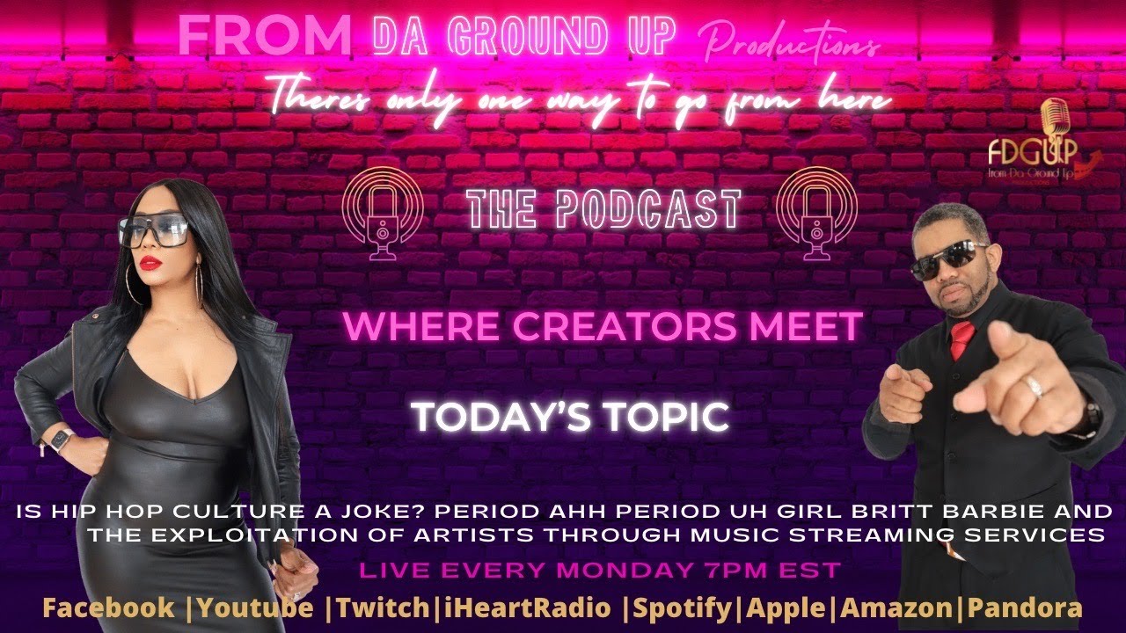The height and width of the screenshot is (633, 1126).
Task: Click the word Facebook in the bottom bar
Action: (x=108, y=608)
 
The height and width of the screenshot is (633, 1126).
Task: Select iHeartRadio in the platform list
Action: (x=519, y=608)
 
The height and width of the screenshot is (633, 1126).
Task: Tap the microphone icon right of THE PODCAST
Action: (x=817, y=210)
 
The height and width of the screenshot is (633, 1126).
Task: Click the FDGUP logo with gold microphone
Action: (x=1052, y=145)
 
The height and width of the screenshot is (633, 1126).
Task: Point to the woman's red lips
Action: (x=150, y=262)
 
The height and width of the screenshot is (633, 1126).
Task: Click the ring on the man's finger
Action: (x=1035, y=386)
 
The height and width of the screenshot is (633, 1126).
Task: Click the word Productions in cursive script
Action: (x=790, y=41)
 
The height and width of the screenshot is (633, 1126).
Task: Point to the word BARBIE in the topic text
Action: (x=964, y=512)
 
